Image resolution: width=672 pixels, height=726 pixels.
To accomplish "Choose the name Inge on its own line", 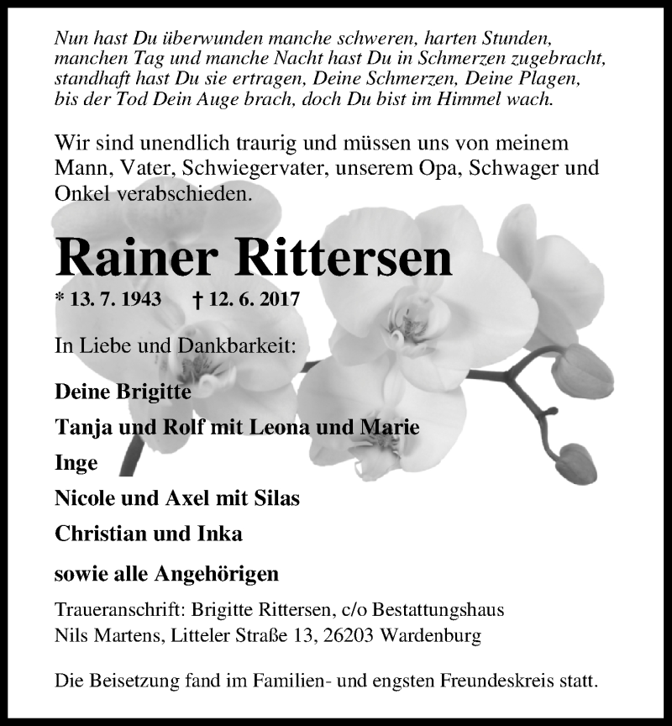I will pyautogui.click(x=76, y=463).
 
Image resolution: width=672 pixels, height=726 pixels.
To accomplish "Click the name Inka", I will pyautogui.click(x=220, y=533).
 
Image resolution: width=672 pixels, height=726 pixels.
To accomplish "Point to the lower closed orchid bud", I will pyautogui.click(x=577, y=464).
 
